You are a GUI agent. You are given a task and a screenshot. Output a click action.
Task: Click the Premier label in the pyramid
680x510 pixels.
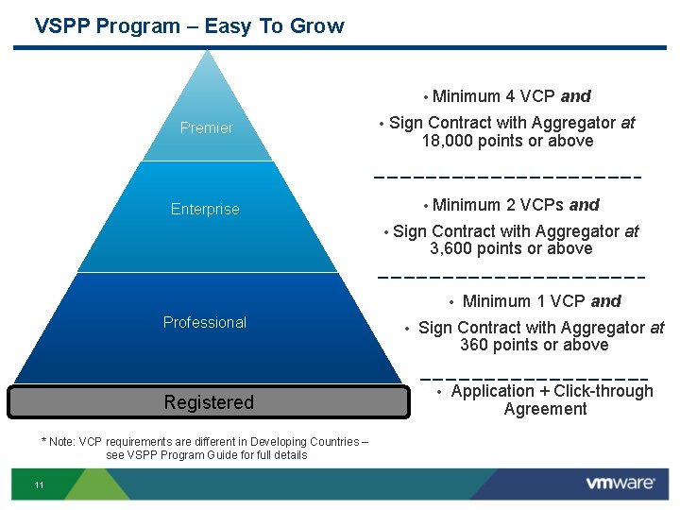[206, 127]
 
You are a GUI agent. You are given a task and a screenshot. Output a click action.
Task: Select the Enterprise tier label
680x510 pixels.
[205, 209]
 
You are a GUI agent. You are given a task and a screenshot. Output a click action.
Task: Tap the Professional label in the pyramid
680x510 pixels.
[204, 322]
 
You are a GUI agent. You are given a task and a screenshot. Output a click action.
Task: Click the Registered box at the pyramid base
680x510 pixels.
[209, 402]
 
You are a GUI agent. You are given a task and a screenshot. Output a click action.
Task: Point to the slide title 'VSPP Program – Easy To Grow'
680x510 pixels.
[189, 26]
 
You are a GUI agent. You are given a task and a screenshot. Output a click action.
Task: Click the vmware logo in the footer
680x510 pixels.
[620, 484]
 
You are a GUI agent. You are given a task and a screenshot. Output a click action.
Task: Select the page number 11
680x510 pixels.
[39, 485]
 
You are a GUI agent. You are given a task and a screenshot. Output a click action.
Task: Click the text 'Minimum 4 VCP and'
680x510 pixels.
[511, 95]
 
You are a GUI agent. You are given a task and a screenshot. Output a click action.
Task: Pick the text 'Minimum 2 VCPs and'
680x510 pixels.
[516, 205]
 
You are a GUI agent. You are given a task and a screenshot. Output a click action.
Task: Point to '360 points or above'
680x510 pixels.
[534, 345]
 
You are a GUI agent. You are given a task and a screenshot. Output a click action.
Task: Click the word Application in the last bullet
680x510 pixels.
[492, 391]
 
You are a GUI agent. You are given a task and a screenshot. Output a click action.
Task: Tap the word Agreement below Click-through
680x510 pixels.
[545, 409]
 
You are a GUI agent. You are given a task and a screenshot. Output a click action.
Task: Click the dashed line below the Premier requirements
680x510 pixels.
[507, 177]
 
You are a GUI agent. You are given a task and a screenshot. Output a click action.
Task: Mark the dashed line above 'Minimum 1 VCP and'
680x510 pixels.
[510, 278]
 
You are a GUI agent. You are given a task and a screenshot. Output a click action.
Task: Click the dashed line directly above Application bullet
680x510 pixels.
[534, 378]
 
